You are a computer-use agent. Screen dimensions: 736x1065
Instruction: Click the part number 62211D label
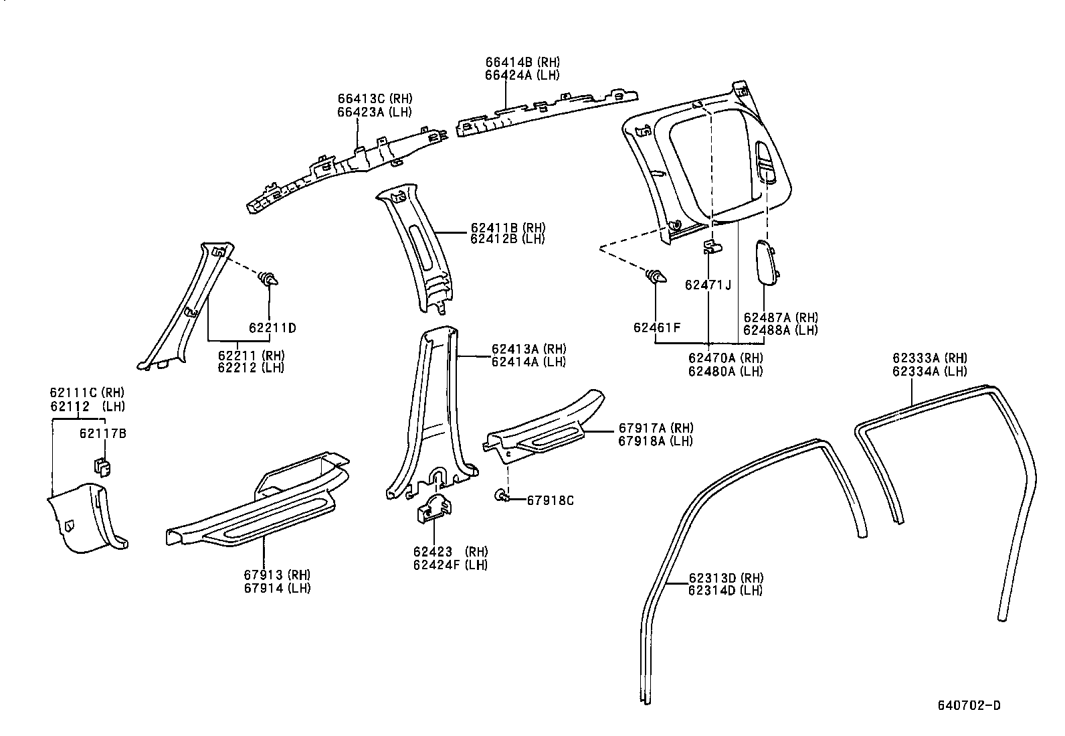[x=272, y=328]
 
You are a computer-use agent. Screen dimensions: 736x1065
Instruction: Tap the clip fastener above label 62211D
[x=270, y=279]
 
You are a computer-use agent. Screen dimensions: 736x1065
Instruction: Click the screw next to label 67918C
[x=502, y=496]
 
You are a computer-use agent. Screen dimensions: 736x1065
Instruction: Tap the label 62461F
[x=656, y=327]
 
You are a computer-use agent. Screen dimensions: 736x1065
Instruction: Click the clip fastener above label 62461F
[x=654, y=275]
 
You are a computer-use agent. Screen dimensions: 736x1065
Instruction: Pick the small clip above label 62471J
[x=712, y=247]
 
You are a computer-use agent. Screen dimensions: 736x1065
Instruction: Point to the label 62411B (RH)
[x=508, y=227]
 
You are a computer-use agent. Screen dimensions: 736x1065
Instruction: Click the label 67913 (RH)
[x=277, y=575]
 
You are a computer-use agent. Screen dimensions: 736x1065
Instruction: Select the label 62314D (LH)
[x=725, y=590]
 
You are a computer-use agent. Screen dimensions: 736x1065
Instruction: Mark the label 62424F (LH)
[x=450, y=565]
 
